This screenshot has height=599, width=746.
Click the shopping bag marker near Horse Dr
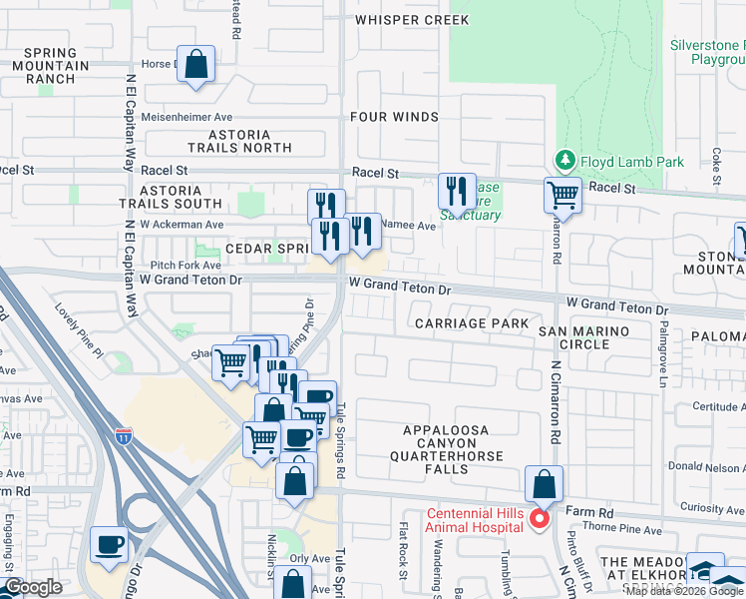coord(196,65)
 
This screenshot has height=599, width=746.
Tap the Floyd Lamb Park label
coord(619,161)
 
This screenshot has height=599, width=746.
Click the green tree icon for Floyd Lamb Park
coord(564,160)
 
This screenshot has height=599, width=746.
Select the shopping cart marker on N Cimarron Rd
coord(562,195)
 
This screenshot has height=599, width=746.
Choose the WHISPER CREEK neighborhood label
coord(411,20)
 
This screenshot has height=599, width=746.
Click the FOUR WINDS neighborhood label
coord(394,117)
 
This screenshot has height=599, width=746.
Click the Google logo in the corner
coord(33,587)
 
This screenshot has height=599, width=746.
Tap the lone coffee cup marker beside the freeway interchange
coord(110,545)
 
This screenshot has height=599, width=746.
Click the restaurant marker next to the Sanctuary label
coord(457,191)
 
